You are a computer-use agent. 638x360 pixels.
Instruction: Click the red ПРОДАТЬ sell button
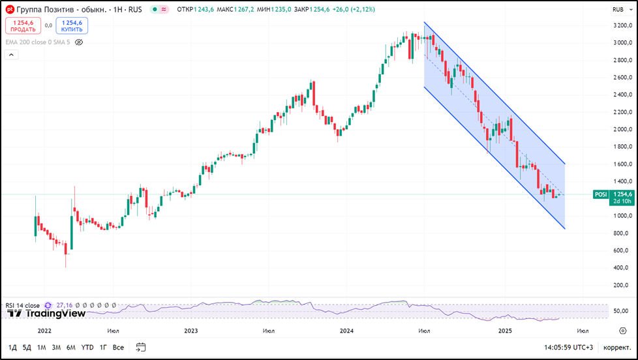pyautogui.click(x=23, y=25)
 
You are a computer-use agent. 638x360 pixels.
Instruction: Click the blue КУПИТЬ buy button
pyautogui.click(x=72, y=25)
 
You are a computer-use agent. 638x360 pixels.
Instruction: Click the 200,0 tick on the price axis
pyautogui.click(x=622, y=285)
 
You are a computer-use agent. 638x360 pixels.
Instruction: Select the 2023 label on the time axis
pyautogui.click(x=190, y=331)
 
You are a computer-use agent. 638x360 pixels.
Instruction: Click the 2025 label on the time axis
pyautogui.click(x=505, y=331)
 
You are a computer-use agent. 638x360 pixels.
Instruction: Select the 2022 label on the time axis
pyautogui.click(x=45, y=331)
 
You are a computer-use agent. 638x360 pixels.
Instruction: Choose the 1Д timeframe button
pyautogui.click(x=13, y=347)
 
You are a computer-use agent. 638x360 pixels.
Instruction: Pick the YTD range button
pyautogui.click(x=87, y=347)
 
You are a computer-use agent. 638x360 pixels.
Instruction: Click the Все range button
pyautogui.click(x=118, y=347)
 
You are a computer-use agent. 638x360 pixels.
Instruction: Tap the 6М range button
pyautogui.click(x=70, y=347)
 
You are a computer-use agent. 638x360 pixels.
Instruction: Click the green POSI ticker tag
pyautogui.click(x=601, y=194)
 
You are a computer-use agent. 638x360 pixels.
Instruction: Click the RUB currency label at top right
pyautogui.click(x=618, y=9)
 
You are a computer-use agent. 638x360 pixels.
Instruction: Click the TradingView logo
pyautogui.click(x=46, y=313)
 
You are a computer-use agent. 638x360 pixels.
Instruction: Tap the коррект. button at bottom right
pyautogui.click(x=616, y=347)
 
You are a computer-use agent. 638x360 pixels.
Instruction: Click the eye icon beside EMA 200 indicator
pyautogui.click(x=79, y=42)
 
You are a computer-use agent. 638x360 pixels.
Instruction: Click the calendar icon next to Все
pyautogui.click(x=141, y=347)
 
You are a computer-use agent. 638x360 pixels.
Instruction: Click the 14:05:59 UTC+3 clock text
pyautogui.click(x=568, y=347)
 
